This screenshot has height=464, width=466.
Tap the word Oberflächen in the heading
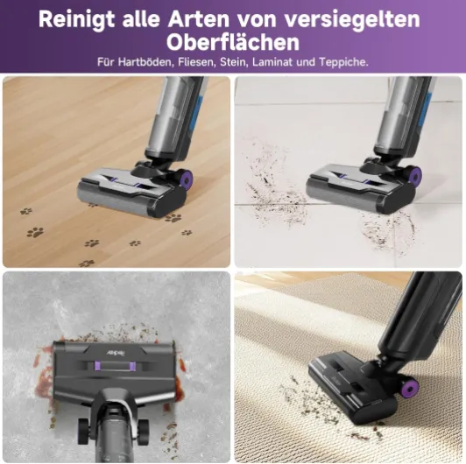pyautogui.click(x=233, y=42)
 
